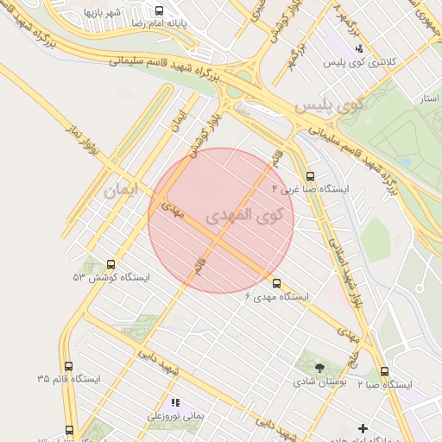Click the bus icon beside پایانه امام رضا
coord(159,10)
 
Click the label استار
coord(426,99)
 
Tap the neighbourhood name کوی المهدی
coord(244,215)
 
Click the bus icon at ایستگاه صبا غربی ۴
coord(310,175)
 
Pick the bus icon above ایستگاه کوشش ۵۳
coord(110,264)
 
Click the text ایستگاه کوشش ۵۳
coord(111,278)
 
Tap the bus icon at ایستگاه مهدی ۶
coord(276,282)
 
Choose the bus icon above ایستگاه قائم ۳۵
coord(69,365)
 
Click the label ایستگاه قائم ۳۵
coord(69,379)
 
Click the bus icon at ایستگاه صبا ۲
coord(384,371)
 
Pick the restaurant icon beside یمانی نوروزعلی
coord(175,402)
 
